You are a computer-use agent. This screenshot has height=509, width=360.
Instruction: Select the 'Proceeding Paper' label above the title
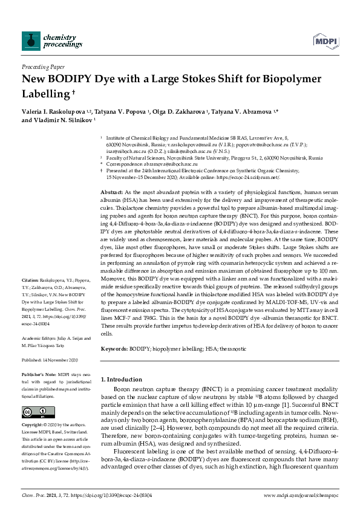click(42, 66)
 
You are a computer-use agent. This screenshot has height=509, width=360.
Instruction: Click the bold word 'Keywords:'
click(115, 349)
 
